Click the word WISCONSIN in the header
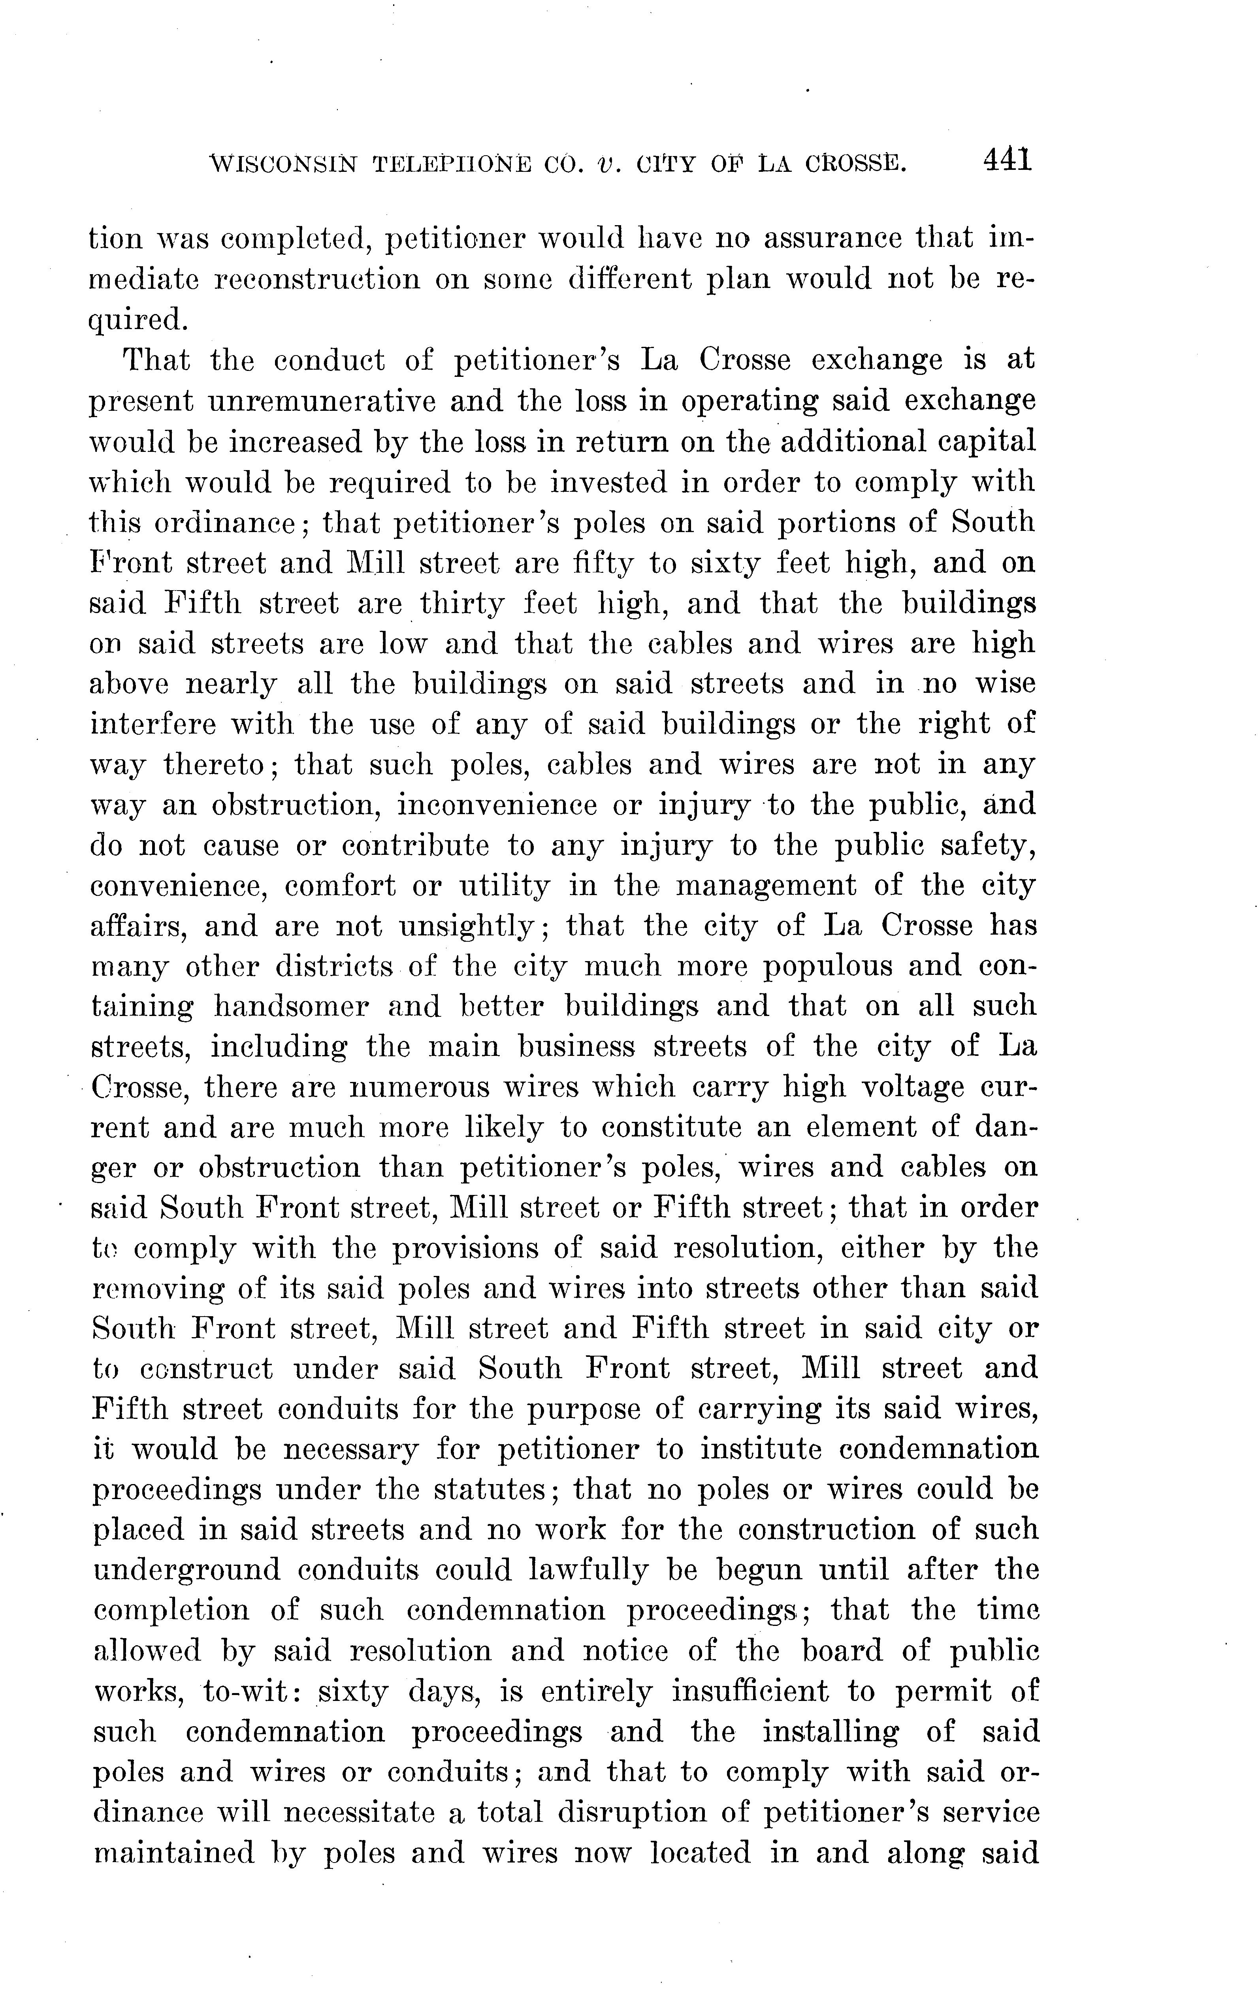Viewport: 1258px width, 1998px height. [284, 164]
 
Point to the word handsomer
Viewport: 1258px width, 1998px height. [291, 1007]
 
